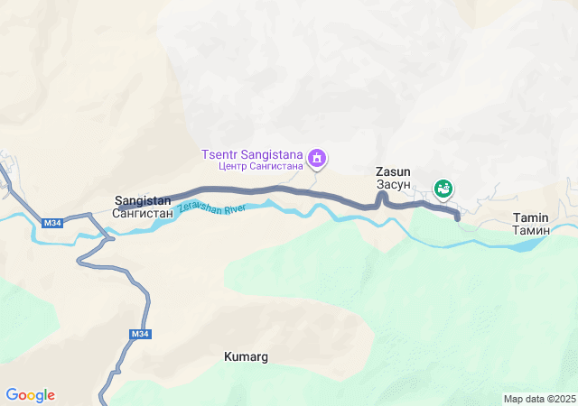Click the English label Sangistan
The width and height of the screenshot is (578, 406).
(143, 201)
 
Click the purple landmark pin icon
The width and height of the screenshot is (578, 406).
(317, 160)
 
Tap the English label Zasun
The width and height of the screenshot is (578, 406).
(393, 171)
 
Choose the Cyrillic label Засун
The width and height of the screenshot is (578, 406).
(393, 184)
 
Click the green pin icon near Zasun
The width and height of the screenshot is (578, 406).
(443, 188)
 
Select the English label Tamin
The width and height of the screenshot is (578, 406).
(530, 217)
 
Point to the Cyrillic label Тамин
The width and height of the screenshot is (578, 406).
(530, 230)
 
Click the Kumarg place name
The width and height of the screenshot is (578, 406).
(246, 357)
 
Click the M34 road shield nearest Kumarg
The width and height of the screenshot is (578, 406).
(139, 334)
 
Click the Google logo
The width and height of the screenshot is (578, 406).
(30, 395)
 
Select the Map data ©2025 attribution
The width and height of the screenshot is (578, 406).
(539, 399)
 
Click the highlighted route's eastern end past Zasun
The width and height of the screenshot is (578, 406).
(457, 217)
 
